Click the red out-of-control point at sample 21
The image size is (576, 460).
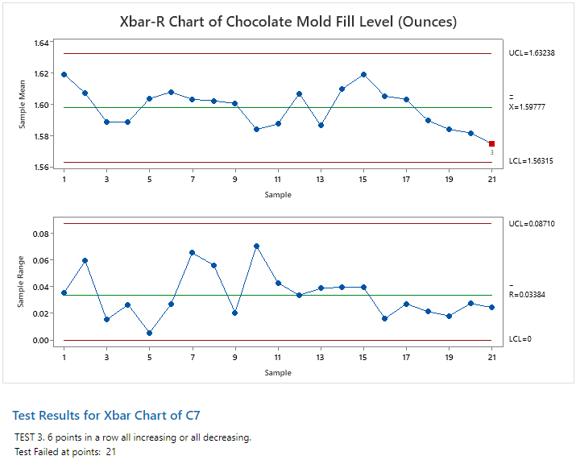coord(491,143)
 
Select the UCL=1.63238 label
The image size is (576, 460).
coord(532,53)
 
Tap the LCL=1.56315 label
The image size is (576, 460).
coord(531,162)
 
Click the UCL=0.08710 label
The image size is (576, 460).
coord(532,223)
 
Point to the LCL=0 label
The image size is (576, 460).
coord(520,339)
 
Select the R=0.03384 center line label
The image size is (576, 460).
coord(528,295)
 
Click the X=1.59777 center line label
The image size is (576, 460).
coord(528,106)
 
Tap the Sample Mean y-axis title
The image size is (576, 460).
coord(23,104)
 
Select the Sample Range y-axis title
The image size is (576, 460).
coord(23,282)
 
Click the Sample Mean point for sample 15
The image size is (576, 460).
coord(363,74)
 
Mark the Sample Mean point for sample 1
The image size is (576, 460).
coord(64,74)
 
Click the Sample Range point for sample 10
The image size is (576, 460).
coord(256,246)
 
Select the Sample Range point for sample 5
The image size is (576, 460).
coord(149,333)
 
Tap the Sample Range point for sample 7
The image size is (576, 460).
coord(192,252)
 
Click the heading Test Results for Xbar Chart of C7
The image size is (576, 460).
coord(106,416)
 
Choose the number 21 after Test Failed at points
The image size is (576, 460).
coord(111,452)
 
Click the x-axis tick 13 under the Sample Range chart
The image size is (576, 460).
coord(321,356)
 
